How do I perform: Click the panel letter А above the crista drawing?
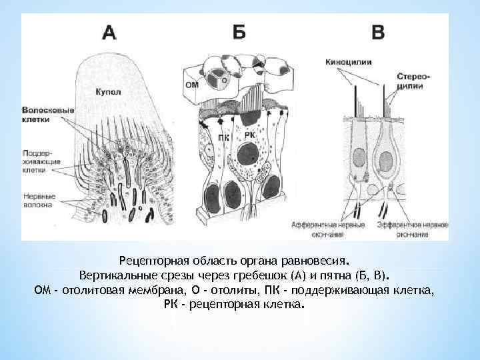click(109, 33)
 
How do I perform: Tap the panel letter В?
click(377, 33)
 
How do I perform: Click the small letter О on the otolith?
click(224, 79)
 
